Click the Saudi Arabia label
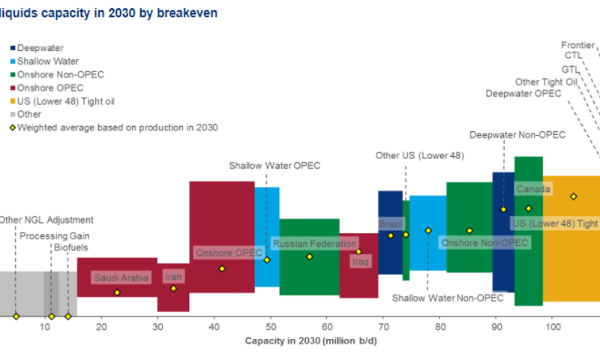pyautogui.click(x=121, y=277)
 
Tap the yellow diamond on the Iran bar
pyautogui.click(x=173, y=289)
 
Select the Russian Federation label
pyautogui.click(x=314, y=244)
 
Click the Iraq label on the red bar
pyautogui.click(x=361, y=261)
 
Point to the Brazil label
pyautogui.click(x=390, y=224)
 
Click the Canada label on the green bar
pyautogui.click(x=532, y=189)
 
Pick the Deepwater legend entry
pyautogui.click(x=37, y=47)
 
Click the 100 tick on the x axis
pyautogui.click(x=553, y=327)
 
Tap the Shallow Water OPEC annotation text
pyautogui.click(x=274, y=165)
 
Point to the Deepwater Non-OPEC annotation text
pyautogui.click(x=517, y=135)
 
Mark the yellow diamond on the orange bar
pyautogui.click(x=573, y=196)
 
